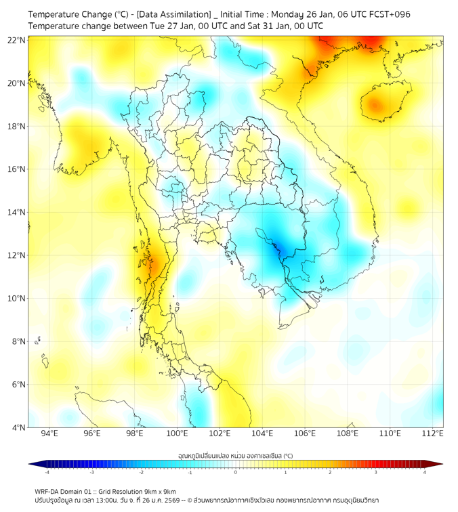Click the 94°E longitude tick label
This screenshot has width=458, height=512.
click(x=49, y=433)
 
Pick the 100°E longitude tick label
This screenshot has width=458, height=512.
click(x=178, y=433)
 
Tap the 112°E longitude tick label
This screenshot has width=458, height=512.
click(x=433, y=433)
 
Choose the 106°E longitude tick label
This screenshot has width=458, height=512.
click(x=305, y=433)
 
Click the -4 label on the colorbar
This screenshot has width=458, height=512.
click(x=46, y=472)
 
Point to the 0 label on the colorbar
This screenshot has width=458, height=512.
click(x=236, y=472)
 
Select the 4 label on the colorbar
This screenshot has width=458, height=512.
click(x=425, y=472)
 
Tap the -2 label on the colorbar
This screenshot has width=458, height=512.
click(x=141, y=472)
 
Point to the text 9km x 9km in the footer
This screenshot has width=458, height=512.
click(x=158, y=492)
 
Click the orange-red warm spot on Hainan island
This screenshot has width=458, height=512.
click(x=375, y=105)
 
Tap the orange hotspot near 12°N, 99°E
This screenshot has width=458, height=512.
click(x=155, y=264)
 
